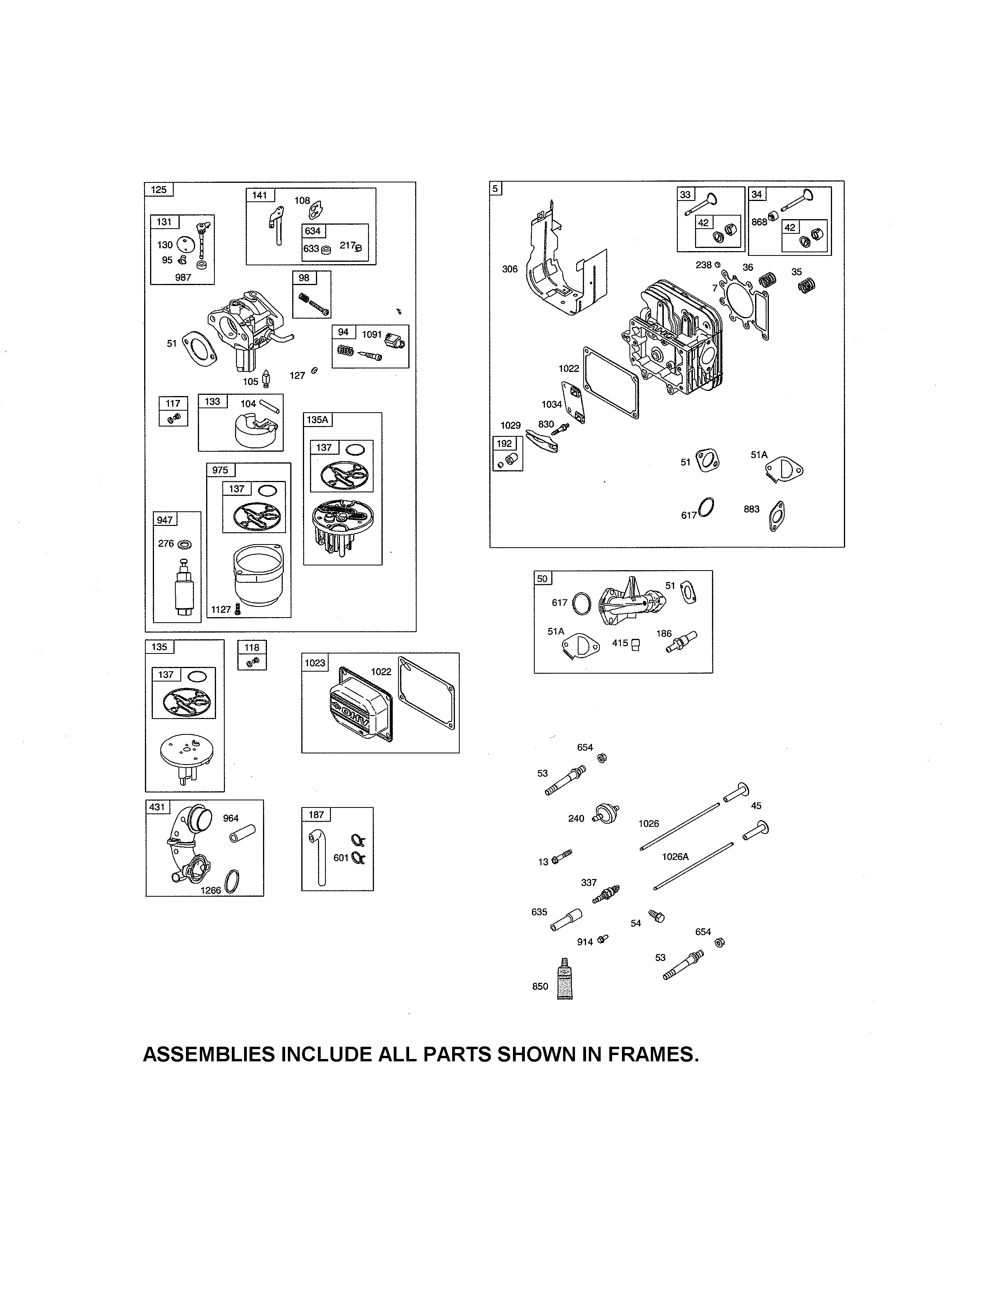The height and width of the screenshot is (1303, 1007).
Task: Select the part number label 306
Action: [x=509, y=269]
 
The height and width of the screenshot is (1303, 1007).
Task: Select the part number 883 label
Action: [x=751, y=509]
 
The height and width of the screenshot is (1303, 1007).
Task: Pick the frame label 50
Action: [x=542, y=578]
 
